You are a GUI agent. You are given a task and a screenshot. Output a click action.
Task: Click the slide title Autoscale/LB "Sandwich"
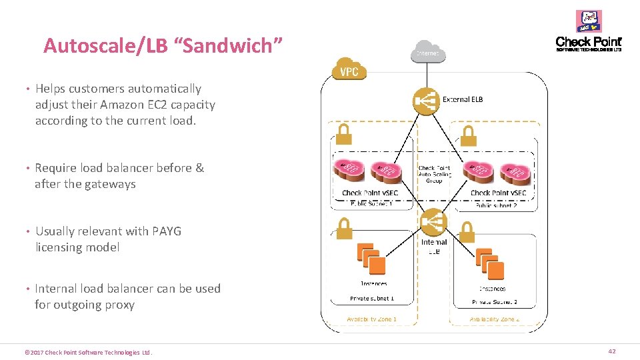point(163,46)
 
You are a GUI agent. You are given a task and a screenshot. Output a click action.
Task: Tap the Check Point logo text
point(588,43)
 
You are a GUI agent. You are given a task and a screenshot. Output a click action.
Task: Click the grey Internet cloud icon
point(428,52)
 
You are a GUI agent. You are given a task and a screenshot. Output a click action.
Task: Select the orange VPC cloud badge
point(349,70)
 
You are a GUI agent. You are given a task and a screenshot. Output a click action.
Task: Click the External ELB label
point(463,99)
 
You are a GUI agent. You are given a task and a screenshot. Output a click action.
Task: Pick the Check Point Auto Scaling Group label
point(434,174)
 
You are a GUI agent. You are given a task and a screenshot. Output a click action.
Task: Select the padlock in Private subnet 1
point(343,230)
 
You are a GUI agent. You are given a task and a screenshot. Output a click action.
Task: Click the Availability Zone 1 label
point(371,319)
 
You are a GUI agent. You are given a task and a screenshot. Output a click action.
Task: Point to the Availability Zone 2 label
point(494,319)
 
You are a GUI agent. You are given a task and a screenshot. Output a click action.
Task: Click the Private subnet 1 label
point(372,299)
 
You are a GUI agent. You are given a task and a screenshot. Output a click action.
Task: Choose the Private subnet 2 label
point(494,301)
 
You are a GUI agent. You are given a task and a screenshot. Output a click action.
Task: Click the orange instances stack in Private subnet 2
point(491,265)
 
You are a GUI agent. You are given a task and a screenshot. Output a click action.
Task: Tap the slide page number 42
point(611,351)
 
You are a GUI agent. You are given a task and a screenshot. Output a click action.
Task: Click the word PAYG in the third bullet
point(167,231)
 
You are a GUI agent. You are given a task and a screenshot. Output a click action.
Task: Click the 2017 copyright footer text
point(88,352)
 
